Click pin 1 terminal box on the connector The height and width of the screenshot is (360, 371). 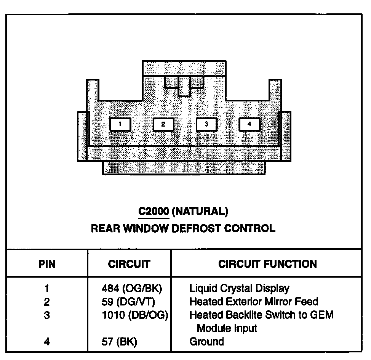pyautogui.click(x=120, y=124)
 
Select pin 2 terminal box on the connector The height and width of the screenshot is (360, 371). pyautogui.click(x=163, y=124)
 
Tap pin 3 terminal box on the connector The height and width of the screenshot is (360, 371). pyautogui.click(x=206, y=124)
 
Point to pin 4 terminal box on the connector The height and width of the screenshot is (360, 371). pyautogui.click(x=249, y=124)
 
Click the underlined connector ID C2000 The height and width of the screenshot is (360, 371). pyautogui.click(x=153, y=211)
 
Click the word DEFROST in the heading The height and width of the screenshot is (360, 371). pyautogui.click(x=196, y=229)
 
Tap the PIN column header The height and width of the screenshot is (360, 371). pyautogui.click(x=47, y=264)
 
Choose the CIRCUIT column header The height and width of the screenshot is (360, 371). pyautogui.click(x=129, y=264)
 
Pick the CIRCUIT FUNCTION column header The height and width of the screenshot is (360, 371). pyautogui.click(x=267, y=264)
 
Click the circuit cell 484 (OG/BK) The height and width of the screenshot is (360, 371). pyautogui.click(x=130, y=289)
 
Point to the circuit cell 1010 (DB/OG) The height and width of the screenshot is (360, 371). pyautogui.click(x=133, y=315)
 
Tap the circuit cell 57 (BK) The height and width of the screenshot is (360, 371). pyautogui.click(x=120, y=341)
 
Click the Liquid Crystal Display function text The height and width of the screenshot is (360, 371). pyautogui.click(x=239, y=289)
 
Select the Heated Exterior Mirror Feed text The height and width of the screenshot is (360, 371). pyautogui.click(x=254, y=302)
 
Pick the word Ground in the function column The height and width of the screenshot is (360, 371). pyautogui.click(x=206, y=341)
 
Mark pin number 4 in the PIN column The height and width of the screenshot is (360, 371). pyautogui.click(x=47, y=341)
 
